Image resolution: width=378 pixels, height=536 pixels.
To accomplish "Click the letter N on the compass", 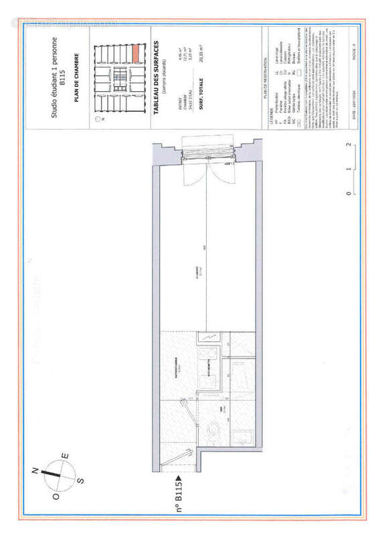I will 34,472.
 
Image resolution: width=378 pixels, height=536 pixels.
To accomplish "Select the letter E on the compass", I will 65,457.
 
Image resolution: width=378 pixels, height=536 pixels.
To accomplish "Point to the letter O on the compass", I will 56,496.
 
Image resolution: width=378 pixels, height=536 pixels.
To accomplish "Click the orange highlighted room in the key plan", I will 135,51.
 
